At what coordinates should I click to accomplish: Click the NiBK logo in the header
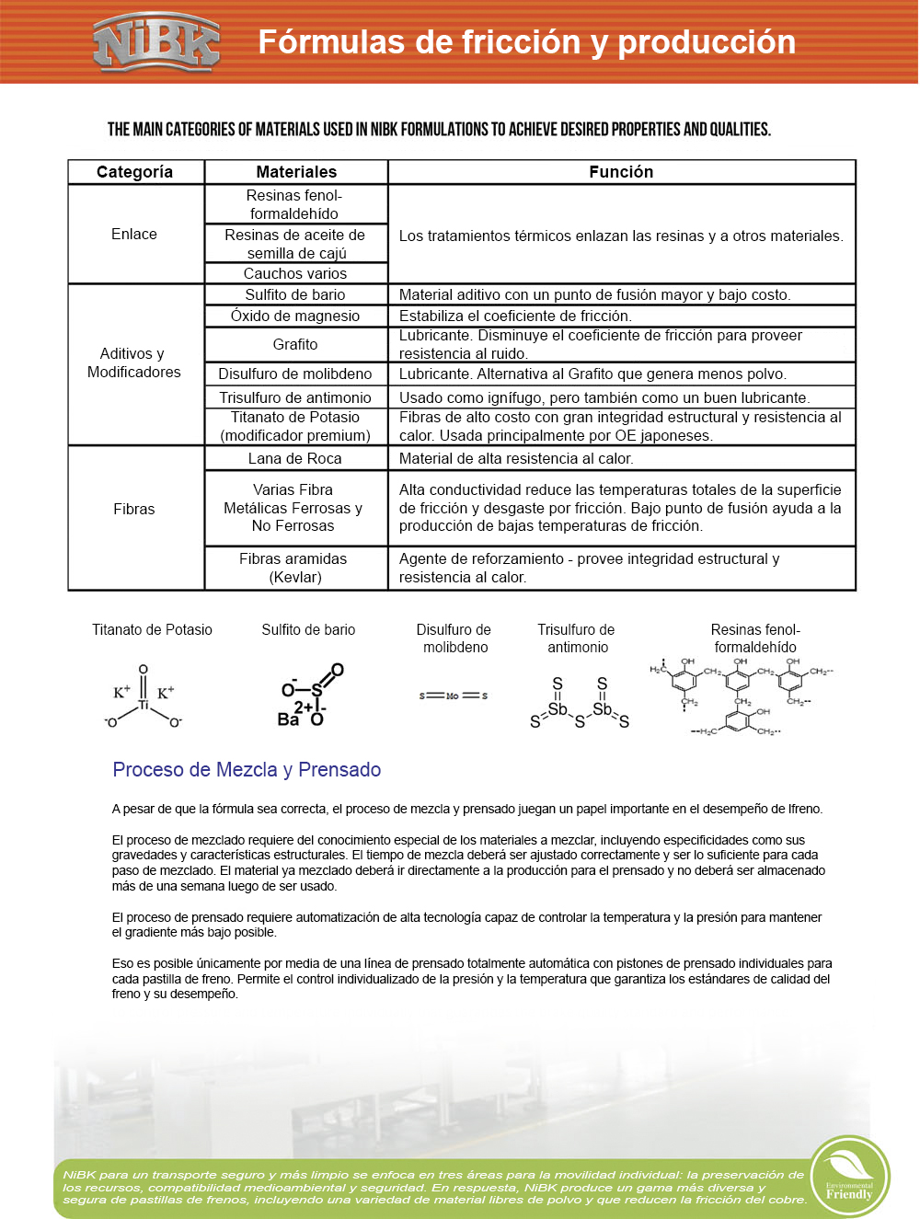(156, 42)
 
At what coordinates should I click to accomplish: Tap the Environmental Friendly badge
(849, 1177)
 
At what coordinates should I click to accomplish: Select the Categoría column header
(135, 172)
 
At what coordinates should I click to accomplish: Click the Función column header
(621, 172)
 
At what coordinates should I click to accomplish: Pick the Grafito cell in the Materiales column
(295, 344)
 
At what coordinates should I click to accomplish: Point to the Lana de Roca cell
(295, 458)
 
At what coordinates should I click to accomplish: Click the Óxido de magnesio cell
(295, 316)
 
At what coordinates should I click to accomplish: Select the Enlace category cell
(134, 235)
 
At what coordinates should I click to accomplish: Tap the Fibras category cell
(134, 509)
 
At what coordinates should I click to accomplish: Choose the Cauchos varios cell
(295, 273)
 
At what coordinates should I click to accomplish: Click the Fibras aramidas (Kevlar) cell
(293, 568)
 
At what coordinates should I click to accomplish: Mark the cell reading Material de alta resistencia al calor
(516, 458)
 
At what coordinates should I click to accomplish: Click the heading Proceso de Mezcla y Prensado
(247, 770)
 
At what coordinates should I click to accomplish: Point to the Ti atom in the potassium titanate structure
(144, 706)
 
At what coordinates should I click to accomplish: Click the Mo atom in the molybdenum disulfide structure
(453, 696)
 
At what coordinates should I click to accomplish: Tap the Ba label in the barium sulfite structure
(288, 719)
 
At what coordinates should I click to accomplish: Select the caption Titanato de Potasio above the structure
(152, 630)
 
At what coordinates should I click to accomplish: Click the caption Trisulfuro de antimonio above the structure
(577, 638)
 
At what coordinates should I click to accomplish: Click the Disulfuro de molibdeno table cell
(295, 374)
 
